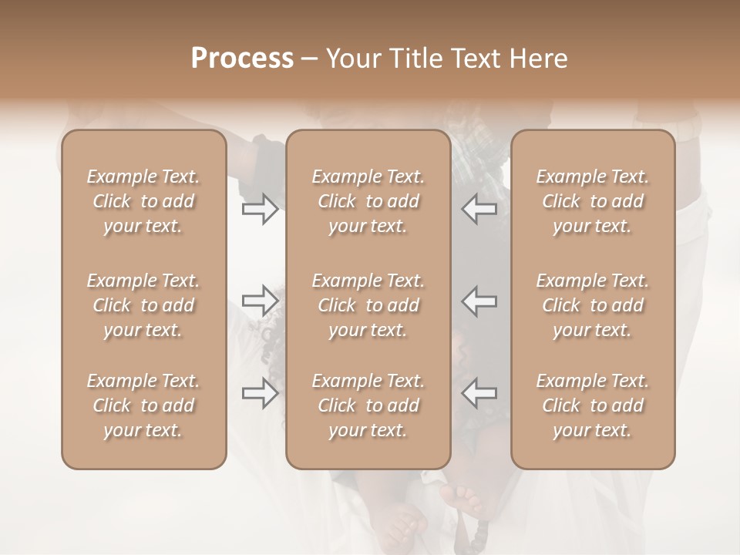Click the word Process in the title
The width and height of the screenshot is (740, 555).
click(x=242, y=59)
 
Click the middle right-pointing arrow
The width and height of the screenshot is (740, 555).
click(x=260, y=301)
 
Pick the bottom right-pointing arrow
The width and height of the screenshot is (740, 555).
click(x=260, y=393)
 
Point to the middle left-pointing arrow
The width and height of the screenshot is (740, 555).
click(x=479, y=301)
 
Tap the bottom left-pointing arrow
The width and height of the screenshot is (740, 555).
click(x=479, y=393)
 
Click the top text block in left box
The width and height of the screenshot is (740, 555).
click(x=143, y=201)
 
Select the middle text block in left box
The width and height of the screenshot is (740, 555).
click(x=143, y=305)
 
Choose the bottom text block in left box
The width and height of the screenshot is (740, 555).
click(x=143, y=405)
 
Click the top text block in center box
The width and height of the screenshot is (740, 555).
click(x=368, y=201)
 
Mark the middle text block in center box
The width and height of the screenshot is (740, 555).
click(x=368, y=305)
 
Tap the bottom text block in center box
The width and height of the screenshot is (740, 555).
click(x=368, y=405)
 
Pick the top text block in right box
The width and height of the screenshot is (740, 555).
click(x=593, y=201)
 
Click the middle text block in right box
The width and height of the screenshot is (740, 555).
click(x=593, y=305)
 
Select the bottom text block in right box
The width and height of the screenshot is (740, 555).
click(x=593, y=405)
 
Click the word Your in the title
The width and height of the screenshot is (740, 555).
click(x=351, y=59)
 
